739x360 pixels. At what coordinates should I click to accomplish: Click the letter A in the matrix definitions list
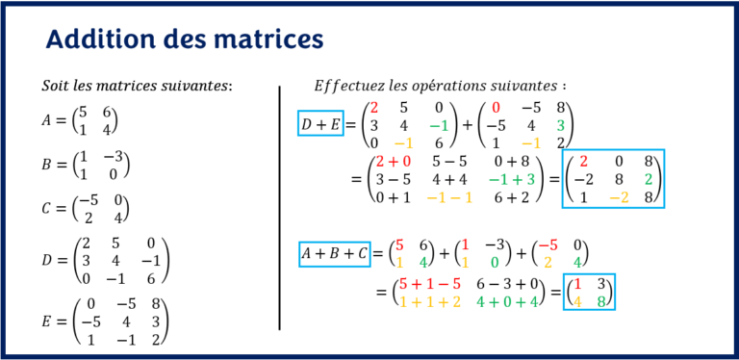[48, 122]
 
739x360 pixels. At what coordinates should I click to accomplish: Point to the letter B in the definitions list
[48, 165]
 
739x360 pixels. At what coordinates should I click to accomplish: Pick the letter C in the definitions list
[48, 208]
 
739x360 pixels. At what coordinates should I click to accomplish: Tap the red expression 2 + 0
[394, 164]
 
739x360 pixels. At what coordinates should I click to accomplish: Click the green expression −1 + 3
[516, 181]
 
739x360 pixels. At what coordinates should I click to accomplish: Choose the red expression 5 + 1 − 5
[430, 285]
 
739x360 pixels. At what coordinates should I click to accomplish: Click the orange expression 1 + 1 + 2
[430, 302]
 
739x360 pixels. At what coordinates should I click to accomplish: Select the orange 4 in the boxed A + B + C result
[577, 302]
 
